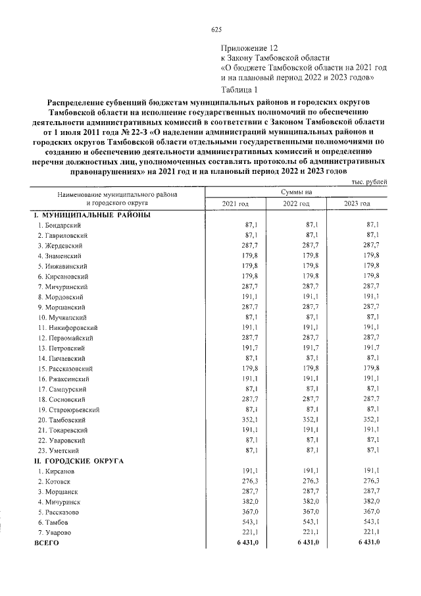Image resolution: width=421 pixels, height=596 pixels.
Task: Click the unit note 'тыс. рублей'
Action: point(369,181)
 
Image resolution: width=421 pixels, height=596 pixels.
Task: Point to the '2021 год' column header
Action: point(235,203)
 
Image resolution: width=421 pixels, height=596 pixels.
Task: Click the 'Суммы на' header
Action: point(296,192)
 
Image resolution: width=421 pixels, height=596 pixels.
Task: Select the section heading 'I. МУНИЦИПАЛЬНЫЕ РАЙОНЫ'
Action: point(92,215)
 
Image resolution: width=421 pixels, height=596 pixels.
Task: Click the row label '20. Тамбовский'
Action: point(62,420)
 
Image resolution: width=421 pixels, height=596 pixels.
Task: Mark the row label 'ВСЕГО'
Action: point(47,542)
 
